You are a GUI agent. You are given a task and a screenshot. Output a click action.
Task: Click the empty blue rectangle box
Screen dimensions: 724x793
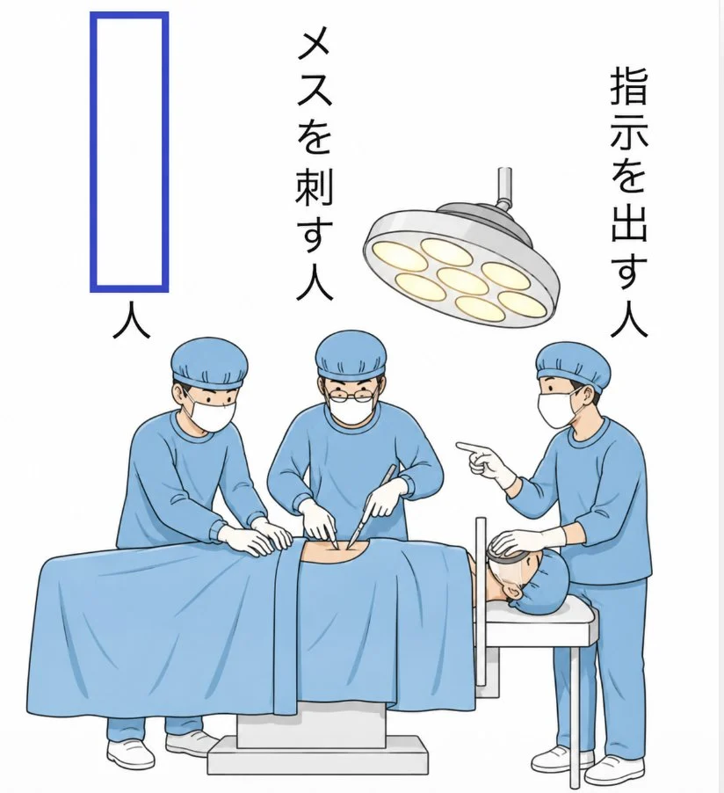pyautogui.click(x=91, y=152)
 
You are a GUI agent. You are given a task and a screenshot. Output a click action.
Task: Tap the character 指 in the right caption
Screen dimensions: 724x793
pyautogui.click(x=629, y=86)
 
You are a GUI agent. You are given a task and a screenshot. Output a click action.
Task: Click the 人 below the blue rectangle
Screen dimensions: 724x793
pyautogui.click(x=131, y=320)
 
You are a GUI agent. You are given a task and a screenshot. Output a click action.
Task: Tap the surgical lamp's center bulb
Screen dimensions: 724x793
pyautogui.click(x=463, y=280)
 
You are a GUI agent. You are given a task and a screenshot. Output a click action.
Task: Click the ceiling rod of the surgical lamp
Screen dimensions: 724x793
pyautogui.click(x=504, y=186)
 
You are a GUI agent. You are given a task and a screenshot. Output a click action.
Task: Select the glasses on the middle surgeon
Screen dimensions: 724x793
pyautogui.click(x=351, y=396)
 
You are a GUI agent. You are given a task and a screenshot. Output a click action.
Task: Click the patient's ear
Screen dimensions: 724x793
pyautogui.click(x=514, y=589)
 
